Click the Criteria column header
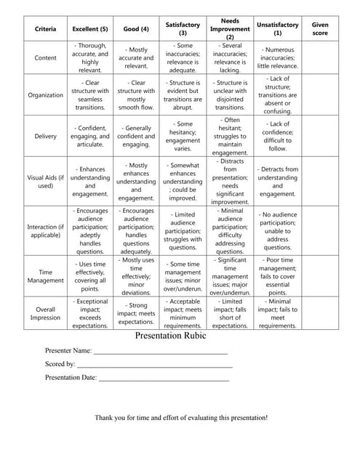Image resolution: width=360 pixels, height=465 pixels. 45,29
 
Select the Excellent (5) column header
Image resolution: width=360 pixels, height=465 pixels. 90,29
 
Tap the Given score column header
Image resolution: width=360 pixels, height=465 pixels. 319,29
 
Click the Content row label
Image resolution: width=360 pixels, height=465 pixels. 45,57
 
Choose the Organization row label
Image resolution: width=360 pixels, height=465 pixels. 45,94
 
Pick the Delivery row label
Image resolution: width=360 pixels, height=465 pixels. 45,136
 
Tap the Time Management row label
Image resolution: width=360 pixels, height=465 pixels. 45,275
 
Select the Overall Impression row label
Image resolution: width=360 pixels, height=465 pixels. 45,312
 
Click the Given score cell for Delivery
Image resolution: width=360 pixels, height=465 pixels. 319,136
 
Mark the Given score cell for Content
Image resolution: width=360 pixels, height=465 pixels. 319,57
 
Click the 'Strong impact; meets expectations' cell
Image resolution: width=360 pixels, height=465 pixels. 136,313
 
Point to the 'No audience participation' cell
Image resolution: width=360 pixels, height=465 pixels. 277,231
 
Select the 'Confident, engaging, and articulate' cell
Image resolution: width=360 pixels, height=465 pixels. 90,136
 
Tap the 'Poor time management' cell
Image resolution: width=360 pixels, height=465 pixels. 277,275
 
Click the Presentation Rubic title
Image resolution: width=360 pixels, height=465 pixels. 171,336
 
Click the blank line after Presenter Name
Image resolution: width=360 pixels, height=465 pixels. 160,351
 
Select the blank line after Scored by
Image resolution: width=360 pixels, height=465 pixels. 153,365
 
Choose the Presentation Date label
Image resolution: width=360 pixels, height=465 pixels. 71,378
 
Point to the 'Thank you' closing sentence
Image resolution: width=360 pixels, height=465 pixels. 181,418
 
